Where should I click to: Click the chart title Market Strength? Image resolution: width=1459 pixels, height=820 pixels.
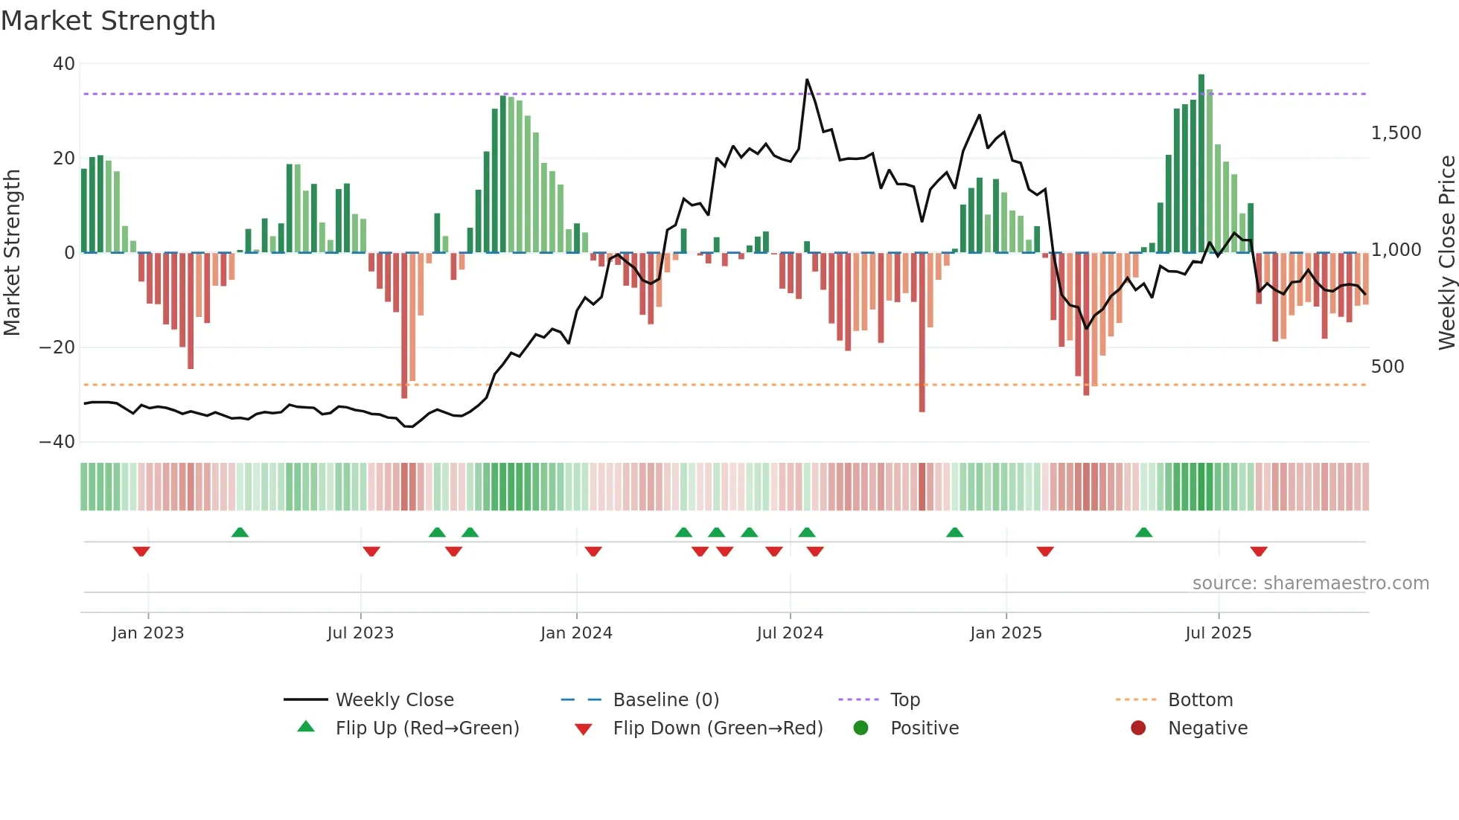(108, 21)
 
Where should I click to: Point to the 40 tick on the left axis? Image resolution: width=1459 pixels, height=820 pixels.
(64, 64)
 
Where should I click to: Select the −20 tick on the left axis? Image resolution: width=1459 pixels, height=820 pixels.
(57, 347)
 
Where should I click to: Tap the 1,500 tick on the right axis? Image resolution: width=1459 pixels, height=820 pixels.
(1396, 133)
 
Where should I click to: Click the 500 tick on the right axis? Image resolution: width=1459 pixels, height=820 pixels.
(1388, 367)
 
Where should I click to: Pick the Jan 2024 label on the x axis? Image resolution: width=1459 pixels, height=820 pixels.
(576, 633)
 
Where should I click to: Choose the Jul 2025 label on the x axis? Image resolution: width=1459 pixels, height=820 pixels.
(1218, 633)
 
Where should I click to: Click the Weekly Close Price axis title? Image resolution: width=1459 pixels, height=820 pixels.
(1446, 252)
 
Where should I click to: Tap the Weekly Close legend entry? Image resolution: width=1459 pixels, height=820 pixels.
(395, 700)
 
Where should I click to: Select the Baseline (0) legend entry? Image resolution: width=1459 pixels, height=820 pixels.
(665, 700)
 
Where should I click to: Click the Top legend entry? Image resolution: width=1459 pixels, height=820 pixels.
(905, 700)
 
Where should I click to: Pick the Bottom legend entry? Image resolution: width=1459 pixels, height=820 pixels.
(1200, 700)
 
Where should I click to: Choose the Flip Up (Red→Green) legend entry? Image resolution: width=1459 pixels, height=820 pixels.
(427, 728)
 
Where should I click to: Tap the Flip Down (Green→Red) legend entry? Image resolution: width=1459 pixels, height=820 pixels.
(718, 728)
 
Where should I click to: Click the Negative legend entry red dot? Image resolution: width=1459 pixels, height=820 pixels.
(1138, 728)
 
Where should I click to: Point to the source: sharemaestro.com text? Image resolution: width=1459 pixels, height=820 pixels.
(1310, 583)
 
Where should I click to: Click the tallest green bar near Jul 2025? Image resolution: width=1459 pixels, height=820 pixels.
(1201, 164)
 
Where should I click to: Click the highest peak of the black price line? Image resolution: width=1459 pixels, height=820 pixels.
(807, 80)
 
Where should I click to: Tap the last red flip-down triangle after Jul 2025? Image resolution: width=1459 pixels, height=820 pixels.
(1259, 551)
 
